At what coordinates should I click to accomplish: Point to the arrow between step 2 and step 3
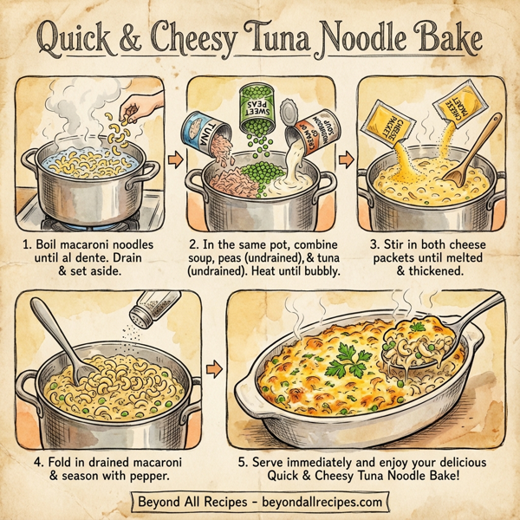[345, 159]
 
